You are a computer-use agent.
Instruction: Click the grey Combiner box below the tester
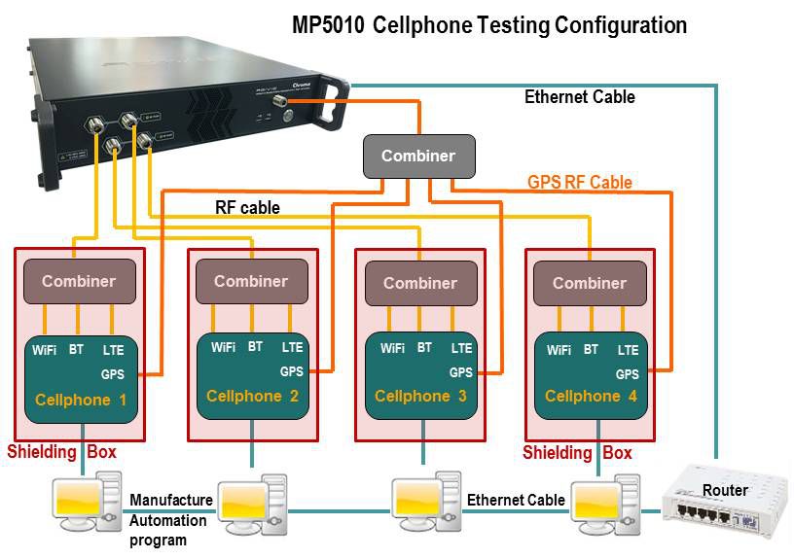coord(417,157)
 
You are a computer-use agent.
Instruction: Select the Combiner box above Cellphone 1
coord(78,281)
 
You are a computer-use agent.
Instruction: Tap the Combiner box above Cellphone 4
coord(589,283)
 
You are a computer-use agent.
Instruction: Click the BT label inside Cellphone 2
coord(255,346)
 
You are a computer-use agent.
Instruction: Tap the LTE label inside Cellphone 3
coord(461,348)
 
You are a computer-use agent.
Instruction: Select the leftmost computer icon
coord(89,500)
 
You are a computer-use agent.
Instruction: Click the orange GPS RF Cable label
coord(579,182)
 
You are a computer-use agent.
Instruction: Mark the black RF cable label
coord(247,207)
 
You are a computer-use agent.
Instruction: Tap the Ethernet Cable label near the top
coord(579,97)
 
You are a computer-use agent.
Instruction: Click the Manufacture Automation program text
coord(170,519)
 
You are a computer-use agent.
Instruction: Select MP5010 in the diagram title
coord(331,25)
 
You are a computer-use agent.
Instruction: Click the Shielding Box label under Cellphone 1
coord(61,452)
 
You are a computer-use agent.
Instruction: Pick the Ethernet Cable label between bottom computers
coord(516,500)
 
